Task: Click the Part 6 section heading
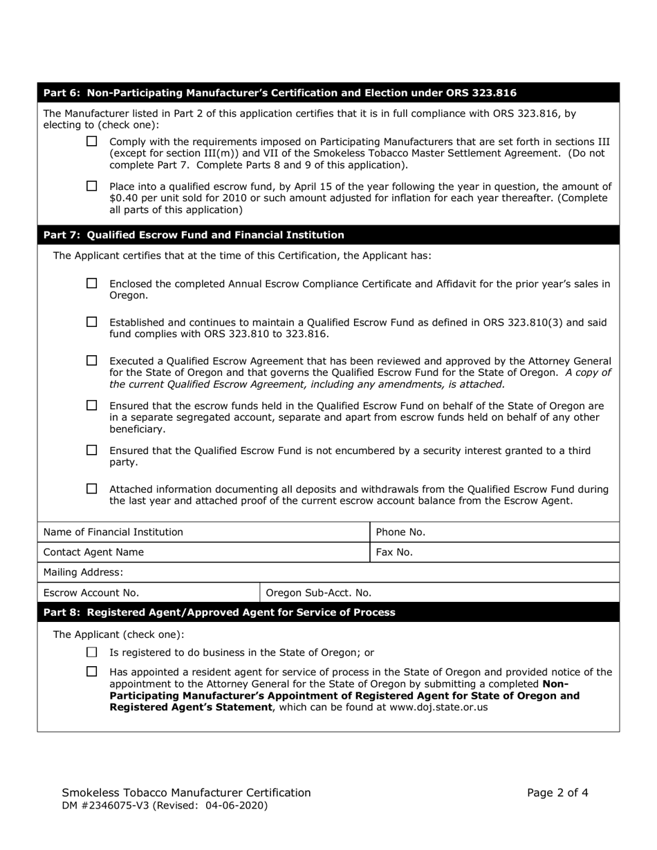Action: click(x=279, y=93)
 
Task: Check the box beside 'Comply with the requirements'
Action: click(x=92, y=141)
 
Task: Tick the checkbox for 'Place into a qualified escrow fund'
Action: click(x=92, y=186)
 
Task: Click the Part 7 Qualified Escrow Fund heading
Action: click(x=194, y=235)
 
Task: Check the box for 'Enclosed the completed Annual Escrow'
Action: click(x=92, y=283)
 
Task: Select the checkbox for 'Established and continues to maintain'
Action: click(x=92, y=322)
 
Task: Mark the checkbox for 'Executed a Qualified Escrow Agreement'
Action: click(x=92, y=361)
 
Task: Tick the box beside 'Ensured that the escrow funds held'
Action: click(x=92, y=406)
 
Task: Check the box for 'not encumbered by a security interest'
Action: click(x=92, y=451)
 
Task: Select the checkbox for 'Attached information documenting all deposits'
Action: click(x=92, y=489)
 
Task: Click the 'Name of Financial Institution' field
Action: click(x=277, y=532)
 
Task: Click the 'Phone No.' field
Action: click(x=519, y=532)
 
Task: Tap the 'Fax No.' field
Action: click(x=519, y=552)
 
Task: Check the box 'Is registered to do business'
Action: click(x=92, y=652)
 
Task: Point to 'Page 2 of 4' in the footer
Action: click(x=557, y=793)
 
